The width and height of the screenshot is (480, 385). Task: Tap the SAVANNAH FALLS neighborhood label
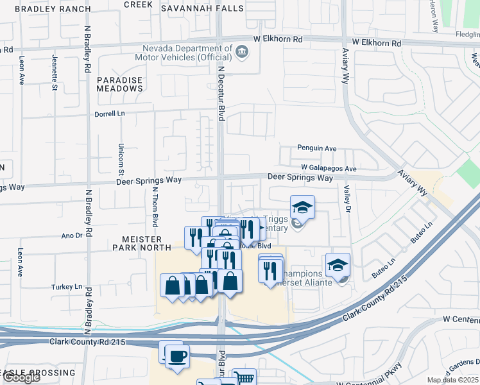point(202,8)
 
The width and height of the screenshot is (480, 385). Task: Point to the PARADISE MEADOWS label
point(120,84)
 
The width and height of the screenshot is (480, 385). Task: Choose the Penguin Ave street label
point(316,148)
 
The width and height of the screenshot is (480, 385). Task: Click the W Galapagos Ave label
point(328,169)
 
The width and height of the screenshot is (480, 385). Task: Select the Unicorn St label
point(120,158)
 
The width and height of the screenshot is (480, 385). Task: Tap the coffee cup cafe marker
point(176,355)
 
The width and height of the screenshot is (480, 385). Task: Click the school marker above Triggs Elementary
point(302,207)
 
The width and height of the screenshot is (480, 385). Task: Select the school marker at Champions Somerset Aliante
point(338,264)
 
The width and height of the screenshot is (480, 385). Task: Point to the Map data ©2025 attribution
point(452,380)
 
